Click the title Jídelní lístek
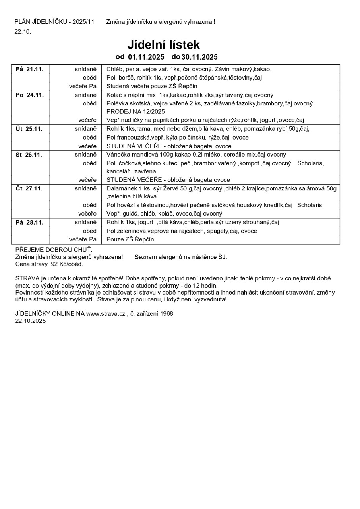163,44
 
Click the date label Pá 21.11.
29,69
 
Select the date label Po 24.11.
29,95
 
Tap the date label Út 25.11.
29,129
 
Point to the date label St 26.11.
29,155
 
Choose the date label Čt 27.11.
29,188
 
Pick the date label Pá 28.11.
29,222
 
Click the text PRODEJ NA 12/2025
135,112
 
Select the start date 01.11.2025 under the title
146,57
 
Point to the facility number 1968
166,313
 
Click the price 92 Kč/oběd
67,264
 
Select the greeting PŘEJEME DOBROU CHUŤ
54,250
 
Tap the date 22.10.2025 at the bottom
31,321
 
